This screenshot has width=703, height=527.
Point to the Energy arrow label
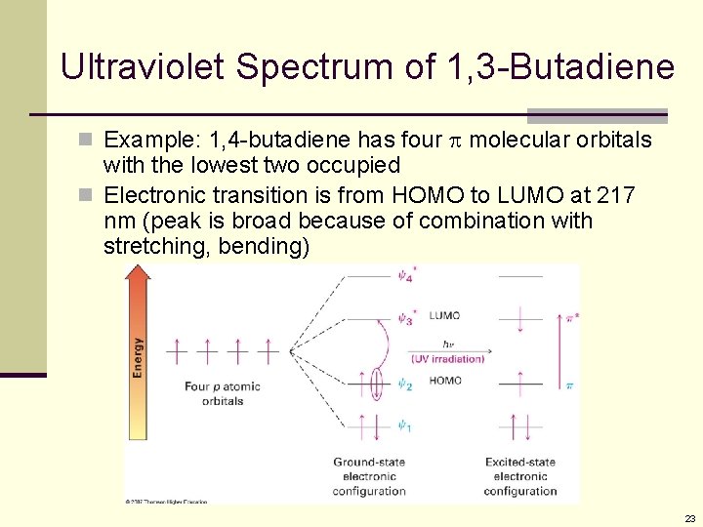138,357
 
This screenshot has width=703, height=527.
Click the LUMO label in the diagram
444,316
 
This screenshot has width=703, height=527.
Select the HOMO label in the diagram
445,381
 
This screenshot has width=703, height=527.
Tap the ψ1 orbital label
405,426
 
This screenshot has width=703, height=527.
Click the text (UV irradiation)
447,358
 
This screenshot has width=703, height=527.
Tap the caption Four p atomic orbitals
223,393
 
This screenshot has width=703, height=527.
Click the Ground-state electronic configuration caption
369,476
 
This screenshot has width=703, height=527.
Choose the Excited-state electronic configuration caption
520,476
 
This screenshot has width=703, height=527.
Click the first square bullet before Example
89,141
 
